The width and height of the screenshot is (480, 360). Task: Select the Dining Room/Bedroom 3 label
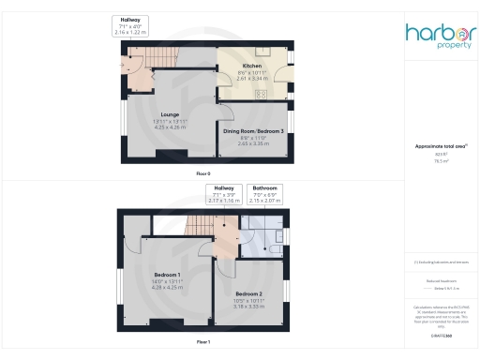(253, 132)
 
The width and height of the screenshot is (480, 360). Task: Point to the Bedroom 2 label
(248, 292)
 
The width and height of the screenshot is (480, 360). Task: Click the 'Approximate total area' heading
(441, 146)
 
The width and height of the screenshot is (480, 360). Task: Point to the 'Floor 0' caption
(203, 174)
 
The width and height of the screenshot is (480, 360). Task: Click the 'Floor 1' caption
(202, 342)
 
